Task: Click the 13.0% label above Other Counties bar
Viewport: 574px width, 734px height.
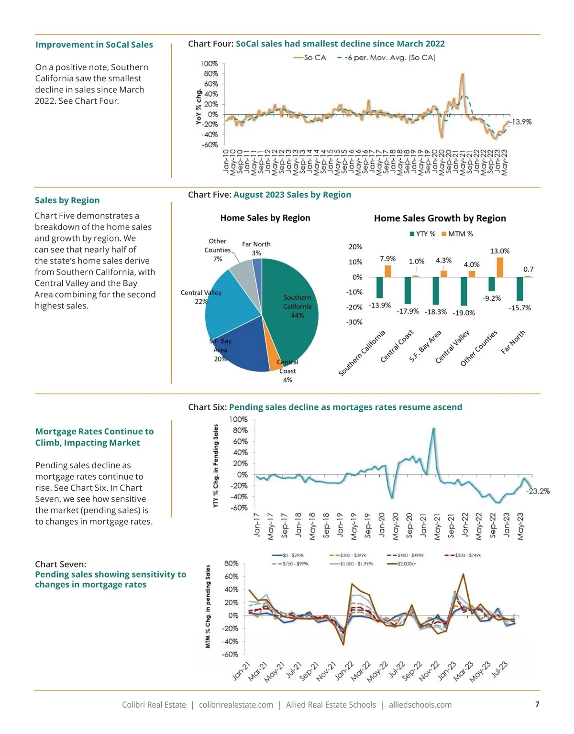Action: [x=499, y=251]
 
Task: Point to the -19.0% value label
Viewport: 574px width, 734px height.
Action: [x=464, y=313]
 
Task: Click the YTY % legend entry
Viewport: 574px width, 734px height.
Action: [x=422, y=234]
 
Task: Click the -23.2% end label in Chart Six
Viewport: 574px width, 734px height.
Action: [x=538, y=491]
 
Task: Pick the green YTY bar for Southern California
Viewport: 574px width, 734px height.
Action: [x=380, y=287]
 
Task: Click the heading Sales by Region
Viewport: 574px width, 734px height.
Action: [x=67, y=200]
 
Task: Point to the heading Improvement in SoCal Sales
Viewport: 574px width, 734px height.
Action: [x=94, y=45]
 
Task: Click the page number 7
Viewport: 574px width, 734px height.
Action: [x=537, y=704]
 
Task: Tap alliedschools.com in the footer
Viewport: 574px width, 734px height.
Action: [x=420, y=705]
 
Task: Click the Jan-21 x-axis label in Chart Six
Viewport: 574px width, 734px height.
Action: [x=423, y=525]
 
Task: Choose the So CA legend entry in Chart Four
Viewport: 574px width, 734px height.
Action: [x=310, y=58]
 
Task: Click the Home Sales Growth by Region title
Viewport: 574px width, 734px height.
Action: [x=440, y=219]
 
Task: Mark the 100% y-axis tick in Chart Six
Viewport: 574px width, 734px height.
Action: [x=238, y=419]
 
